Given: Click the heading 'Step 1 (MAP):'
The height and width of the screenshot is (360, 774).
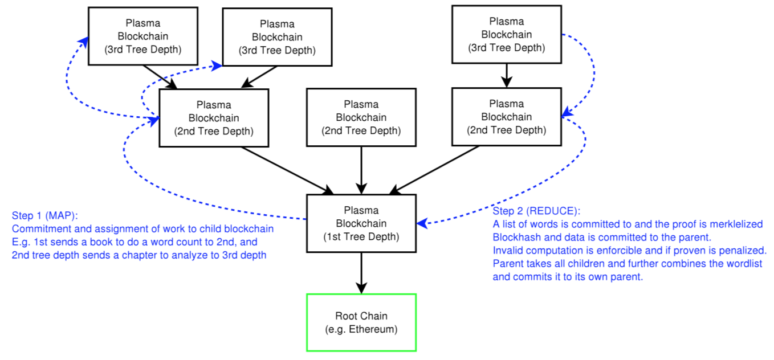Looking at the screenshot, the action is (45, 215).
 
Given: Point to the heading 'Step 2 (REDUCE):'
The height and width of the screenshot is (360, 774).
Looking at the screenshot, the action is (536, 211).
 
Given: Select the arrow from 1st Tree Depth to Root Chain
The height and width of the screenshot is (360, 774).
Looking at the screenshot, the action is (361, 273).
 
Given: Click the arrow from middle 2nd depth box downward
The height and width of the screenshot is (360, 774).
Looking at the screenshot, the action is (361, 170).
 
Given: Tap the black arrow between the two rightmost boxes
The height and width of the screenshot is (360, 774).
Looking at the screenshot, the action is (507, 76).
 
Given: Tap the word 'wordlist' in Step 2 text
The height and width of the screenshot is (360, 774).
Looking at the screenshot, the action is (744, 264).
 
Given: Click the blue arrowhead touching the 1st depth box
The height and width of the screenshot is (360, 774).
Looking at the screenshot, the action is (422, 223).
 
